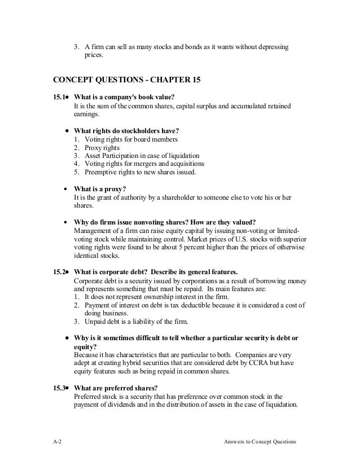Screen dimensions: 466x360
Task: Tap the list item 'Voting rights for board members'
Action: click(131, 139)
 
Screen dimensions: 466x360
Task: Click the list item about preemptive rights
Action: click(141, 172)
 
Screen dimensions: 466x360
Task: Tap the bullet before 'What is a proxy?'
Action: click(67, 189)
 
